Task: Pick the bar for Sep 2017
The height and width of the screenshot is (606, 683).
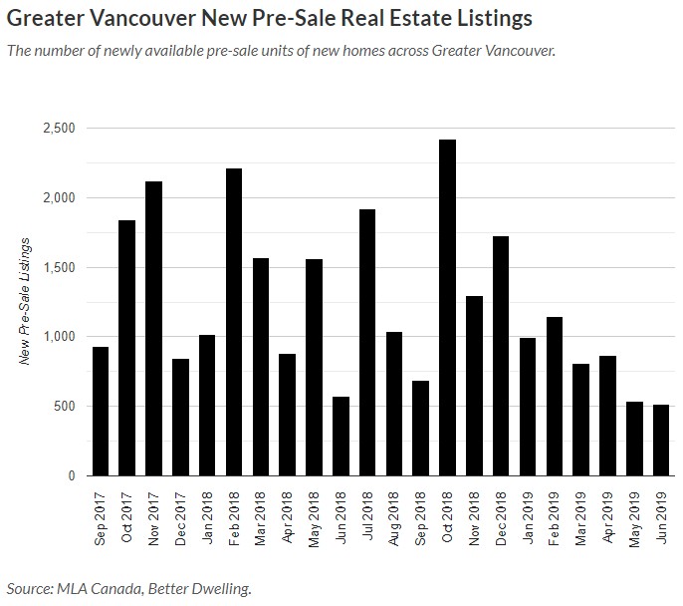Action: (100, 411)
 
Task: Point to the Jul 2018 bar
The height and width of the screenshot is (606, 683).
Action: (368, 342)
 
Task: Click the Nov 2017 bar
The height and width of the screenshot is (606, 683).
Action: (153, 328)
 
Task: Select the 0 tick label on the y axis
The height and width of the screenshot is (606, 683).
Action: (71, 475)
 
